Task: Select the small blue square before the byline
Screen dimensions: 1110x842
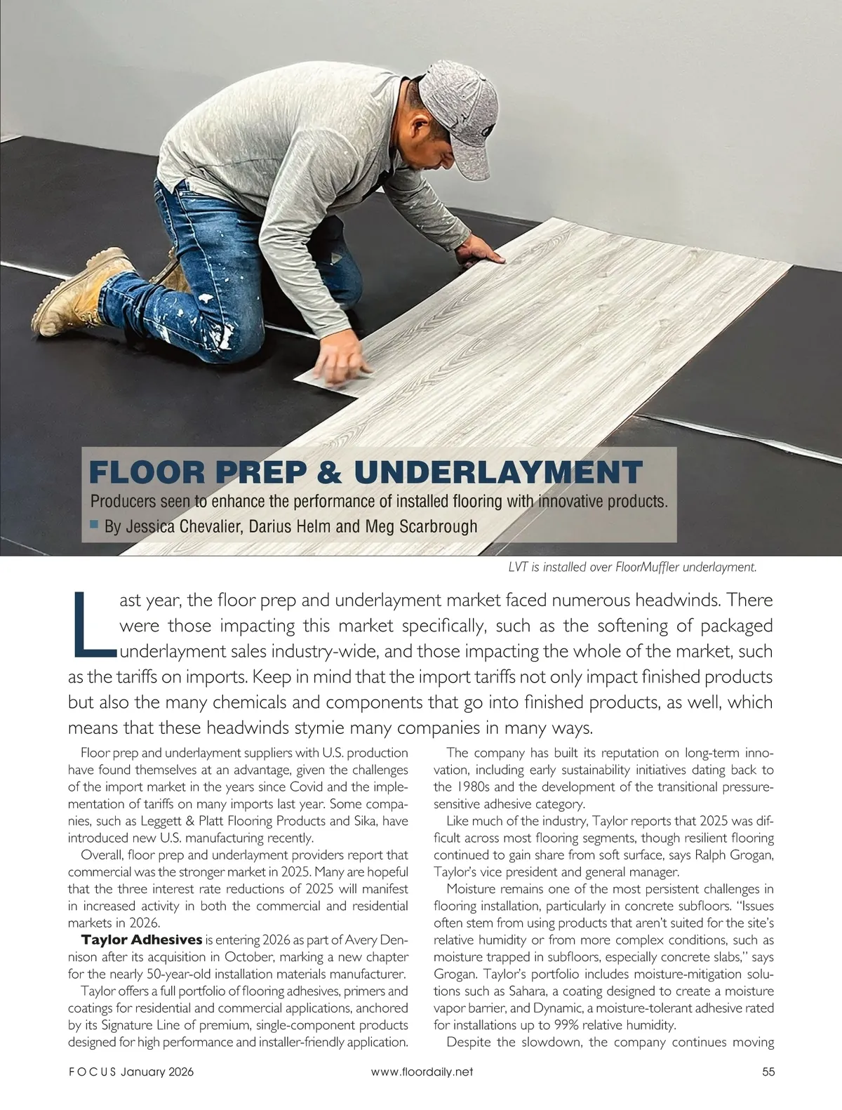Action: tap(95, 524)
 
